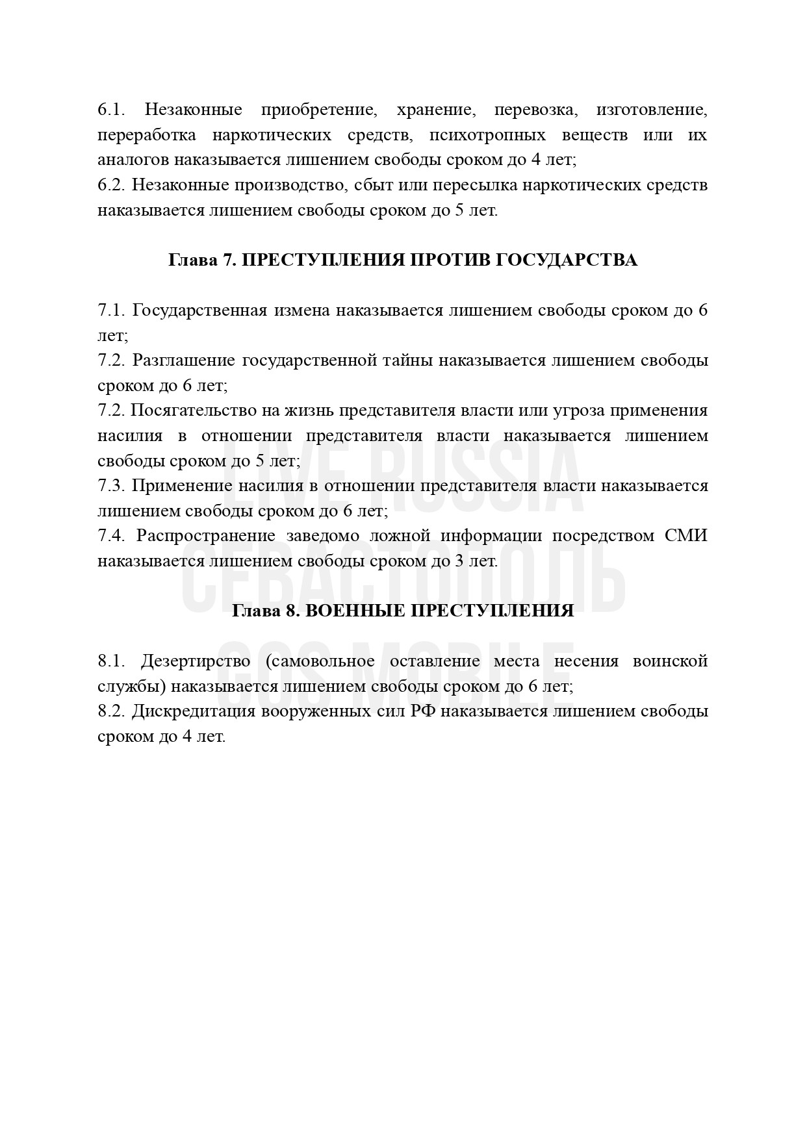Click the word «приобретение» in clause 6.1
[319, 110]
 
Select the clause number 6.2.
[111, 185]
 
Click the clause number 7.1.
[111, 310]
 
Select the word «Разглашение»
[185, 361]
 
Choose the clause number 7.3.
[111, 486]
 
